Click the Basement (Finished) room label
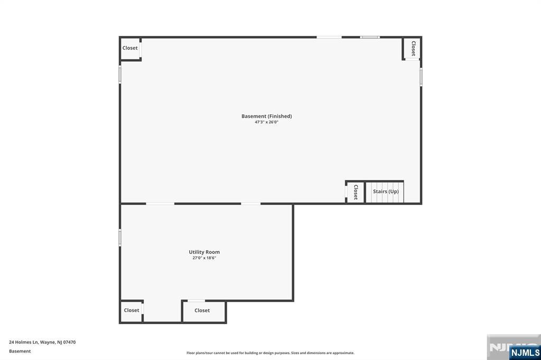[266, 116]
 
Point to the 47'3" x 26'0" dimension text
[266, 122]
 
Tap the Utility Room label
[204, 252]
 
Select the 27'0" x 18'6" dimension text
[204, 258]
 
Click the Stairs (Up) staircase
[385, 192]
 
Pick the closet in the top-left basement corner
[130, 49]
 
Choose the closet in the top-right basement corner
[413, 48]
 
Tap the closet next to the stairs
[356, 192]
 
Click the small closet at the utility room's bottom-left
[132, 311]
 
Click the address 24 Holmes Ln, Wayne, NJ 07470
[42, 342]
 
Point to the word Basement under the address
[20, 351]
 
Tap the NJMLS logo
[525, 353]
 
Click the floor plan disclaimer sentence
[270, 353]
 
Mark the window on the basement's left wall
[120, 74]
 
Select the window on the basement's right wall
[421, 77]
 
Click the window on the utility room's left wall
[120, 238]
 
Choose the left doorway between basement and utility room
[160, 204]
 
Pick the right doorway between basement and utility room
[251, 204]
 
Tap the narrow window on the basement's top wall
[370, 37]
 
